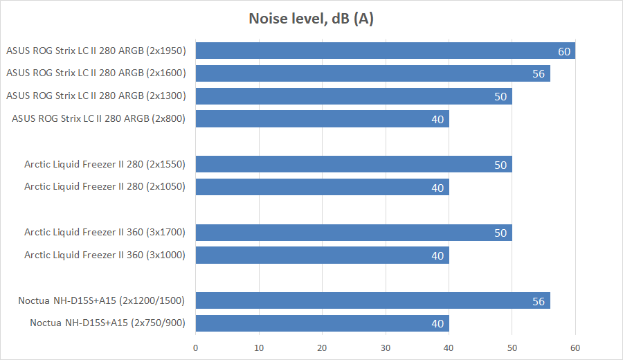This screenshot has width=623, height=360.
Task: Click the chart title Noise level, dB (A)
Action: pos(311,19)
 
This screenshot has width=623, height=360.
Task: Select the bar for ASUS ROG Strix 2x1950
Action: pos(385,51)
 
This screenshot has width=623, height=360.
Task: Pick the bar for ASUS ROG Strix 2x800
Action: pos(322,118)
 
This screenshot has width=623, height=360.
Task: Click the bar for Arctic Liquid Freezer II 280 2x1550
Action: pos(353,164)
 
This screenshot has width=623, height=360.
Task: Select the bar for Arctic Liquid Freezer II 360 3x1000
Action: pos(322,255)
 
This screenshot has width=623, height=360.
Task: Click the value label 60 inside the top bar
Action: pos(564,51)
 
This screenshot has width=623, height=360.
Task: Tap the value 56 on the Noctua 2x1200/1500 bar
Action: pos(539,301)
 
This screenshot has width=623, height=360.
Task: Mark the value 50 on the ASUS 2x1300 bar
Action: pos(500,96)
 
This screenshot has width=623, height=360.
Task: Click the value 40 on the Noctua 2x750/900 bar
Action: pos(437,323)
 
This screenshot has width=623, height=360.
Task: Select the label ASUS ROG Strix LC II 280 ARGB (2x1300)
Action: pos(96,96)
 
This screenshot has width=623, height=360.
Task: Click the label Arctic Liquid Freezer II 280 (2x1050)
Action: pos(105,186)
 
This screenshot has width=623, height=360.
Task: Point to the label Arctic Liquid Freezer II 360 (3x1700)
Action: pos(105,232)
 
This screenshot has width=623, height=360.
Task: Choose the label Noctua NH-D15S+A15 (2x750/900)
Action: pos(107,323)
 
